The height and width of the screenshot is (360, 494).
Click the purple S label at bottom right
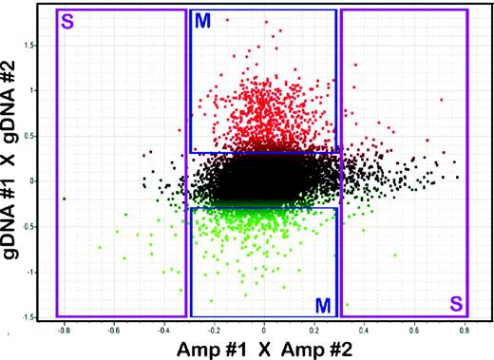pos(456,305)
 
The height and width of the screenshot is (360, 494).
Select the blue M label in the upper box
pos(201,21)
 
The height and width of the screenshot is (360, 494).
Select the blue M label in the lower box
pos(323,304)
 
